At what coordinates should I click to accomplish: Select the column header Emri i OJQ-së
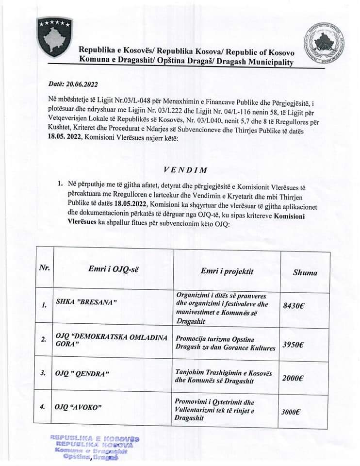tap(113, 270)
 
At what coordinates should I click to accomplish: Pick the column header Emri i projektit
tap(227, 271)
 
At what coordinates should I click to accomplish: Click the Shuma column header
tap(305, 272)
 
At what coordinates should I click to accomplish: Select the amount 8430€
tap(293, 306)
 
